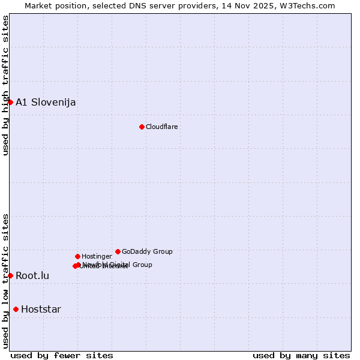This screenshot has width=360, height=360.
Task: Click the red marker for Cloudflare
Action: (142, 127)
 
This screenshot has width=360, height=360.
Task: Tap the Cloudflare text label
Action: (161, 127)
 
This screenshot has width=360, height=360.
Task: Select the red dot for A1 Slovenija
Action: (10, 102)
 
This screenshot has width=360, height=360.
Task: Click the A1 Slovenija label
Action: (46, 102)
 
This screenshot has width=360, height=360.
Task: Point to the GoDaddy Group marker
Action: (118, 251)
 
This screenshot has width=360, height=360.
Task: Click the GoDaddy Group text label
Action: (147, 252)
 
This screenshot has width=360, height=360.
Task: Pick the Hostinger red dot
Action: (77, 256)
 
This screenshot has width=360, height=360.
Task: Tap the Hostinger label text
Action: (97, 257)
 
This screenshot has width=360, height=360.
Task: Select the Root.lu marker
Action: (10, 275)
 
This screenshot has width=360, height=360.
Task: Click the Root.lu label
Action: (32, 276)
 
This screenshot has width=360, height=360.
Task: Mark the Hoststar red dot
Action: (16, 309)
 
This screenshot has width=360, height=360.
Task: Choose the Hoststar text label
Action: (41, 310)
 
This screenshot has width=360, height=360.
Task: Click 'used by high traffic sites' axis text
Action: (5, 85)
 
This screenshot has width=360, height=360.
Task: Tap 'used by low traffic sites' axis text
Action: (5, 281)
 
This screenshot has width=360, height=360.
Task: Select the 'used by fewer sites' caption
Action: (62, 355)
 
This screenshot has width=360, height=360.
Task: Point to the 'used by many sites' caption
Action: (301, 355)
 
